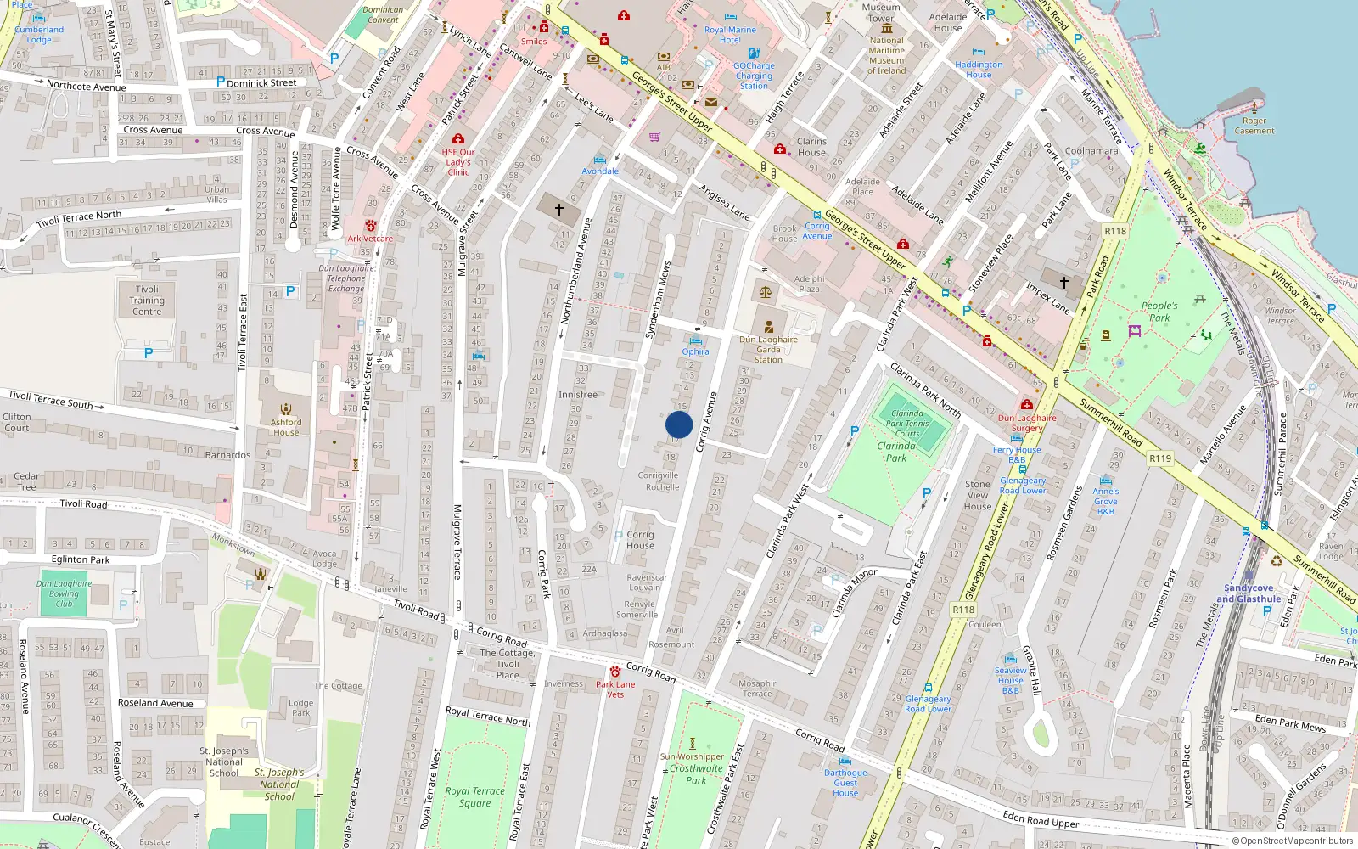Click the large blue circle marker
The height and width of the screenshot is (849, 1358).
click(679, 424)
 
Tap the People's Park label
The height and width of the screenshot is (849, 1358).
click(1159, 312)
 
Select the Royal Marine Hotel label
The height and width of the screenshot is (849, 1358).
click(730, 35)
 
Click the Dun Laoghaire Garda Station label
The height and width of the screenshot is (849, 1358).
click(768, 349)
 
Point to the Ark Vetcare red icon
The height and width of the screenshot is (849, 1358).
click(371, 225)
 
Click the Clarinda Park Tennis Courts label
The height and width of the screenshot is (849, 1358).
click(907, 423)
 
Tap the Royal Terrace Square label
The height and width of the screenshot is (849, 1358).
click(474, 796)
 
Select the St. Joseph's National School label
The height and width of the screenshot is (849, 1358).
click(224, 762)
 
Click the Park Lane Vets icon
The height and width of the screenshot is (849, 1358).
click(615, 672)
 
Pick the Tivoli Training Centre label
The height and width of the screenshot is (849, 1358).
click(147, 301)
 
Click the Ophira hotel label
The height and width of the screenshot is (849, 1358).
click(695, 351)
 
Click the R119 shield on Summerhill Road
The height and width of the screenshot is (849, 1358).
click(1160, 458)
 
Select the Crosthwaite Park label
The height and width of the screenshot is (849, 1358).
click(696, 774)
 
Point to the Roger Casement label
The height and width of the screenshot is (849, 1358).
click(1254, 126)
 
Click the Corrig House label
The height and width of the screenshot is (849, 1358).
click(640, 540)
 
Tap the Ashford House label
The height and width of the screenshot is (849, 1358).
click(286, 427)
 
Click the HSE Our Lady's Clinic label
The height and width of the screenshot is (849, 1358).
click(458, 162)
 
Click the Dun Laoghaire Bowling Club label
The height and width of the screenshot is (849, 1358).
click(64, 593)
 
